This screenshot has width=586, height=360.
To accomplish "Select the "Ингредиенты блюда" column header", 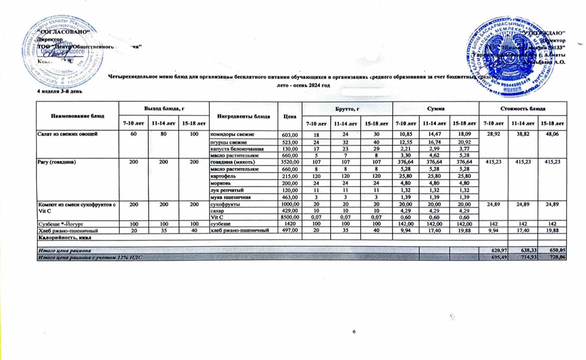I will pyautogui.click(x=242, y=116).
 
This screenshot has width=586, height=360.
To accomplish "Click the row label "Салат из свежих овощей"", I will pyautogui.click(x=64, y=135).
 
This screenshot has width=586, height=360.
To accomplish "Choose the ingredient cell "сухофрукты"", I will pyautogui.click(x=223, y=204).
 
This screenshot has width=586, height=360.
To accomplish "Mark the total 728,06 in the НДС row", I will pyautogui.click(x=557, y=257).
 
